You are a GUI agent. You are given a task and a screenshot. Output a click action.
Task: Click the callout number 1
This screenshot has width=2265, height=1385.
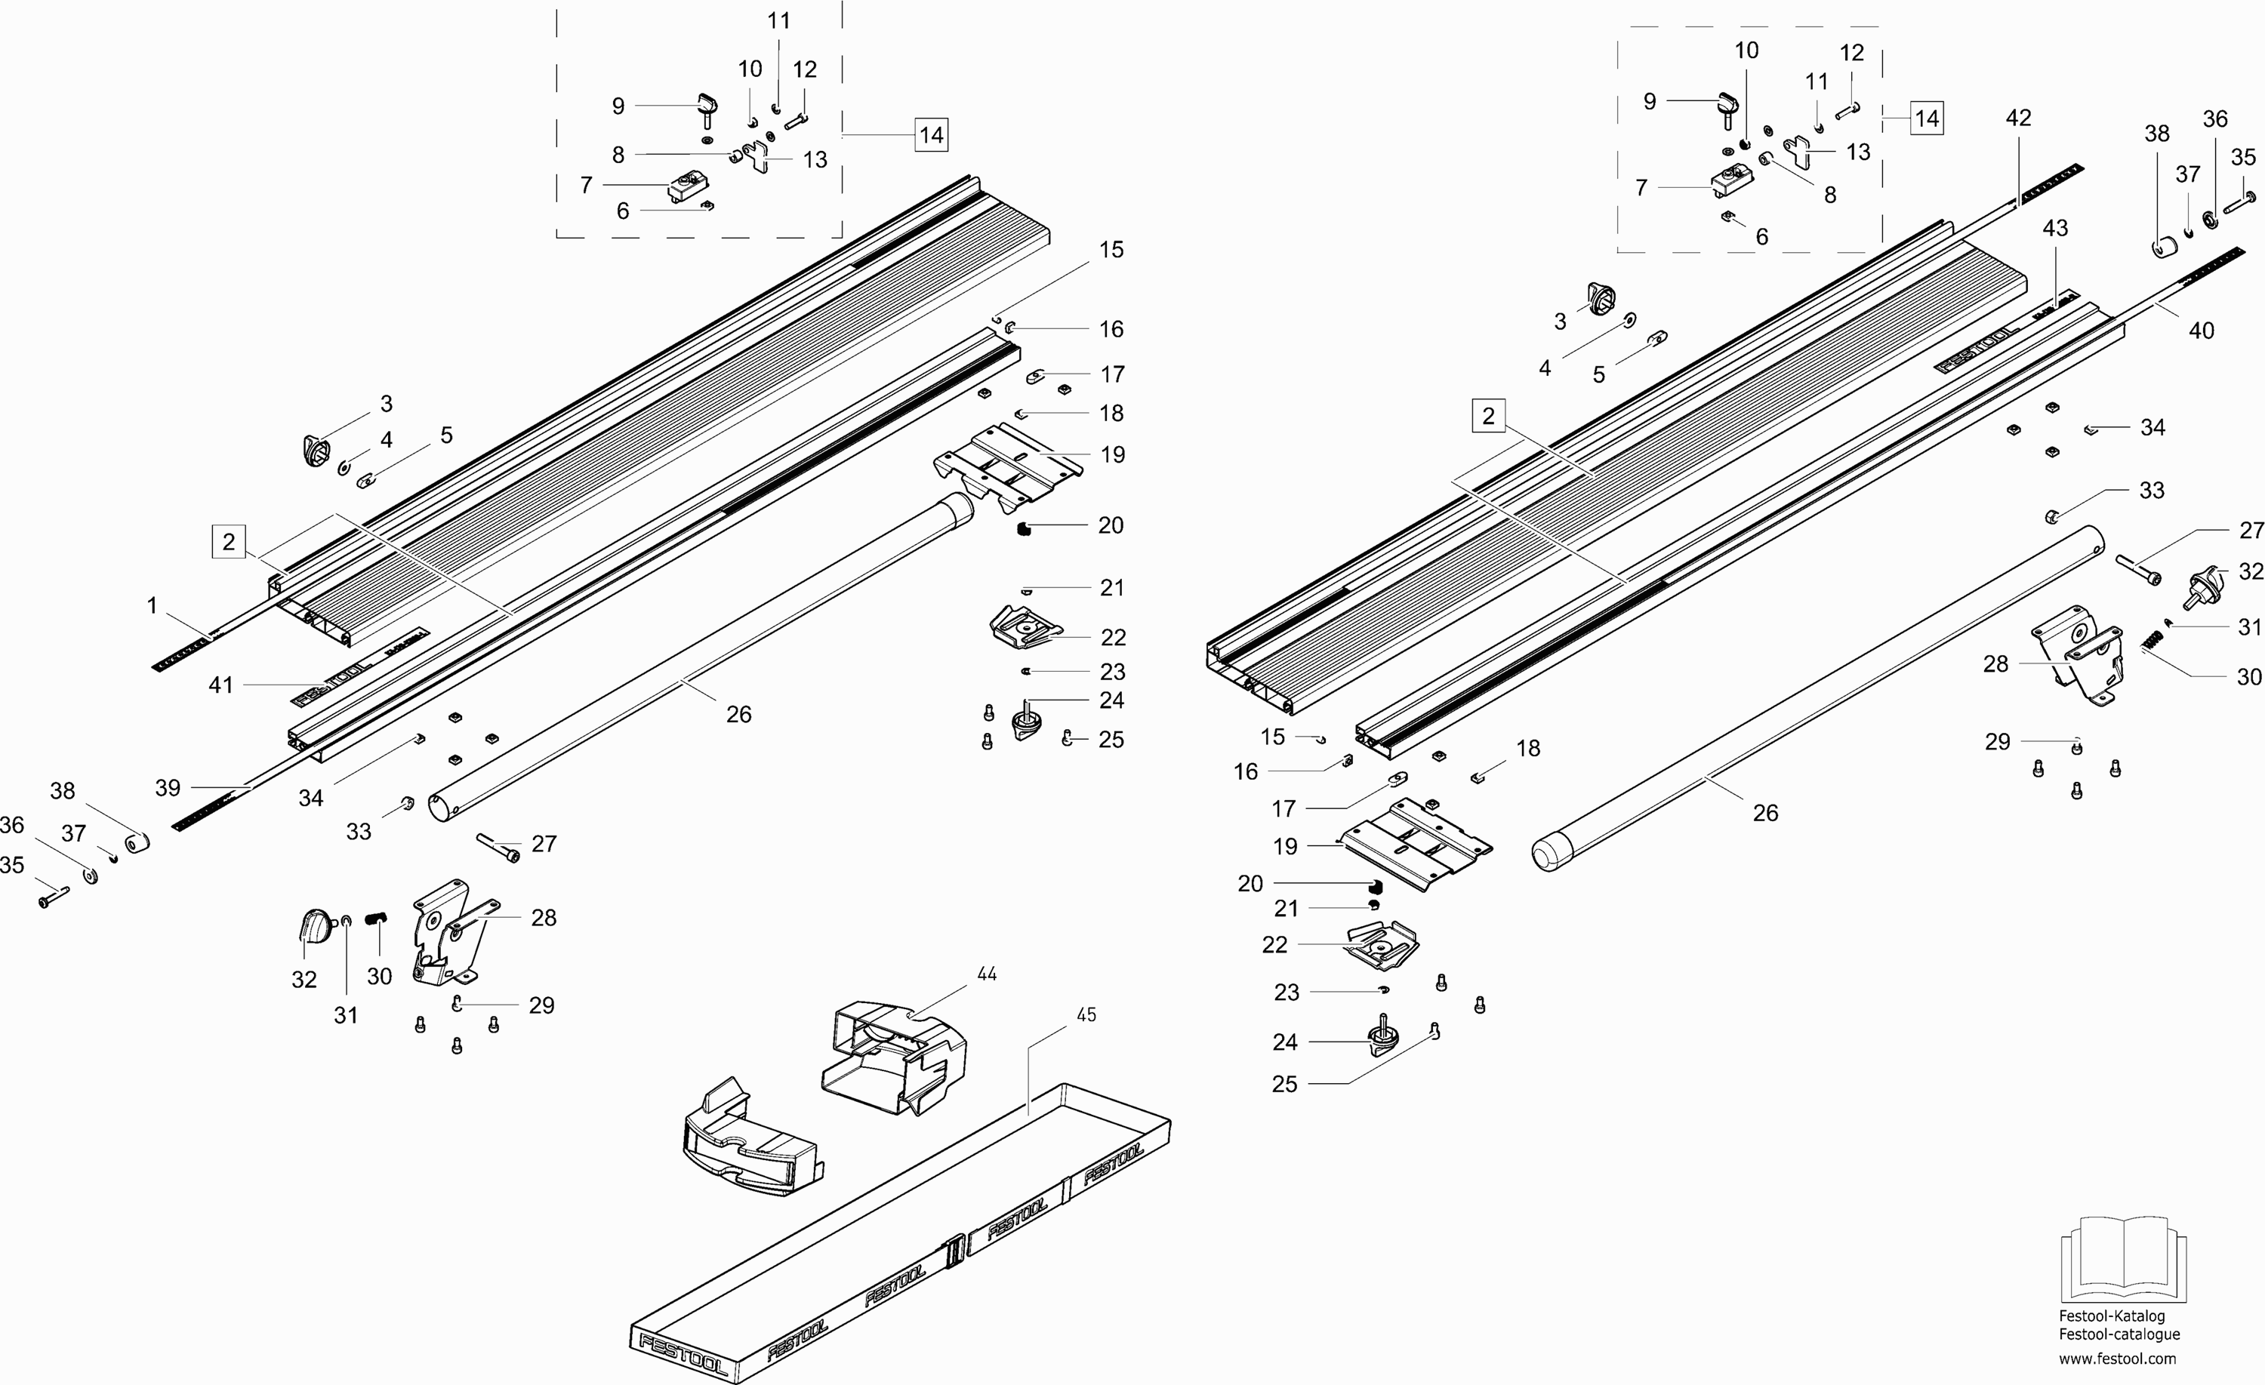click(153, 605)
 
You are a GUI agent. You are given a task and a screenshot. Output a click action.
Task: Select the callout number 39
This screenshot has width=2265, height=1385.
click(168, 788)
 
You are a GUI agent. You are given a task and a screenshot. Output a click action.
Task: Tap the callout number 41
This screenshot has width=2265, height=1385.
click(220, 685)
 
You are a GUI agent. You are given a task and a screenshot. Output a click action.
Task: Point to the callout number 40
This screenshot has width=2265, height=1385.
click(2202, 331)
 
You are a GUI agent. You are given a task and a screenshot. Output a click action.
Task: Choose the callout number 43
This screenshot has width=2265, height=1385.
click(2054, 228)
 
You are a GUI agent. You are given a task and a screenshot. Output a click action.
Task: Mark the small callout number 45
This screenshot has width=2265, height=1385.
click(1086, 1014)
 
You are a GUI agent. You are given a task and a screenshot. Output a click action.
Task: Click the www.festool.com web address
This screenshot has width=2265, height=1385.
click(2117, 1359)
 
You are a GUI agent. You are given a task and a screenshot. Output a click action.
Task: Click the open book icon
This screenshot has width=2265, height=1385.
click(2122, 1259)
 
